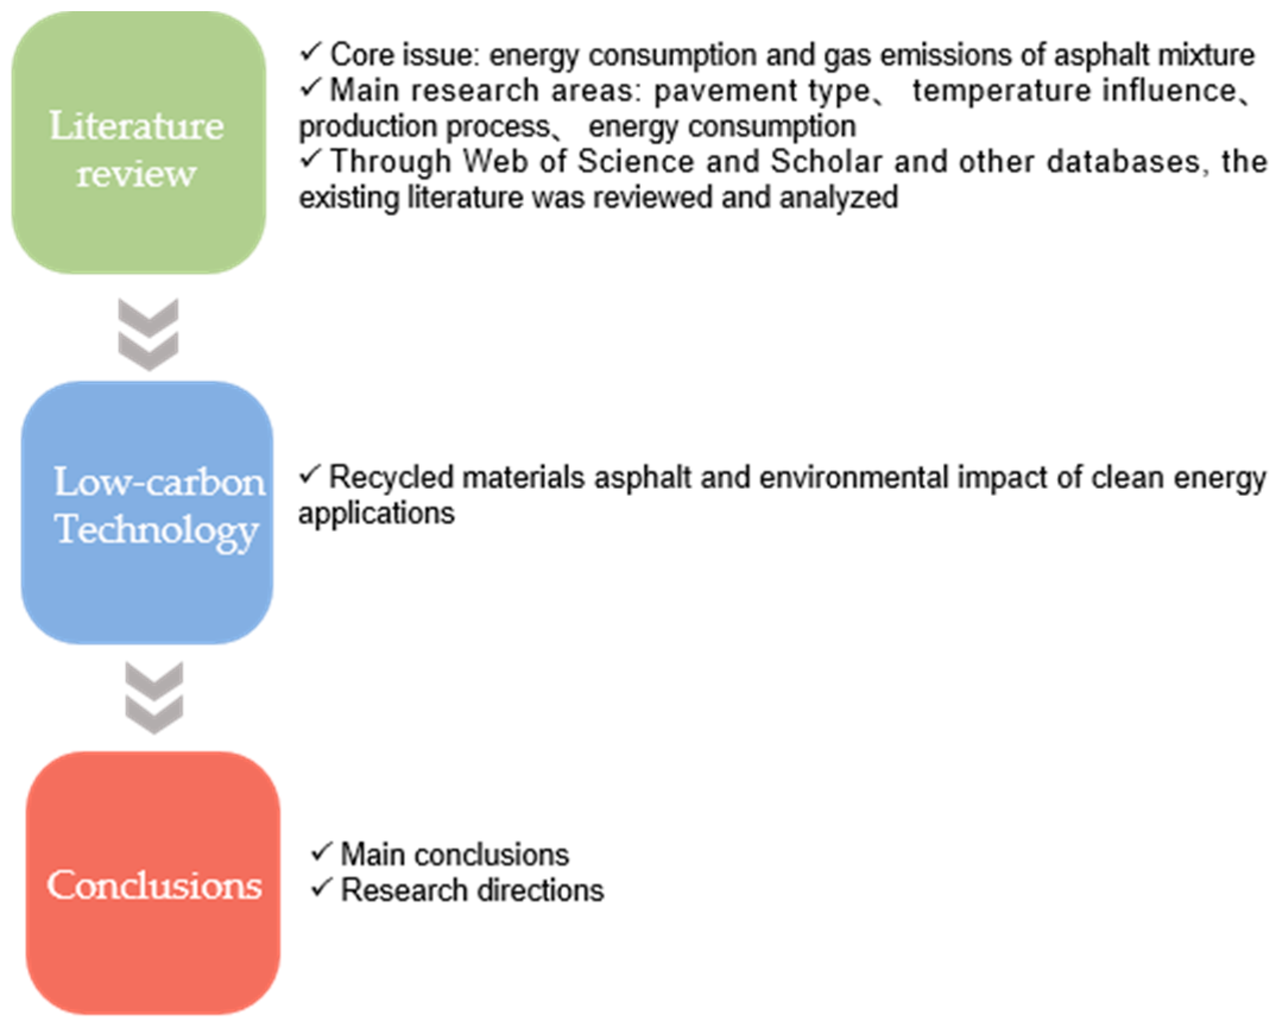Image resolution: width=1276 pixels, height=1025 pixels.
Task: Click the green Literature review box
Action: coord(139,143)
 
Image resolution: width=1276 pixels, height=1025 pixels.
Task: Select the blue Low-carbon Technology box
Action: coord(147,512)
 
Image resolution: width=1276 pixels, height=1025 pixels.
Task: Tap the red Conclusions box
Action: coord(153,883)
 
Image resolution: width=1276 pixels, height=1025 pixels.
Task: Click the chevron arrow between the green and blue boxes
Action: coord(148,335)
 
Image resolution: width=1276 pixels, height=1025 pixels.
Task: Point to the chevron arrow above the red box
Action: coord(154,698)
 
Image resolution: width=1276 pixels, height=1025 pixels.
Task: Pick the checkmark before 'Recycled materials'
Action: coord(310,475)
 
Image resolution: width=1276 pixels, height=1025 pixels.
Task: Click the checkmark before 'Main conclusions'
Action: coord(322,852)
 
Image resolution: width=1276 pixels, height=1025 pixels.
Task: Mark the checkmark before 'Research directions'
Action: coord(322,888)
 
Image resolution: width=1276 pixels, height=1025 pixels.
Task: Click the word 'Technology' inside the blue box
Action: coord(157,530)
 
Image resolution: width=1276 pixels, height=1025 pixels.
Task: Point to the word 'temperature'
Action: coord(1002,91)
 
